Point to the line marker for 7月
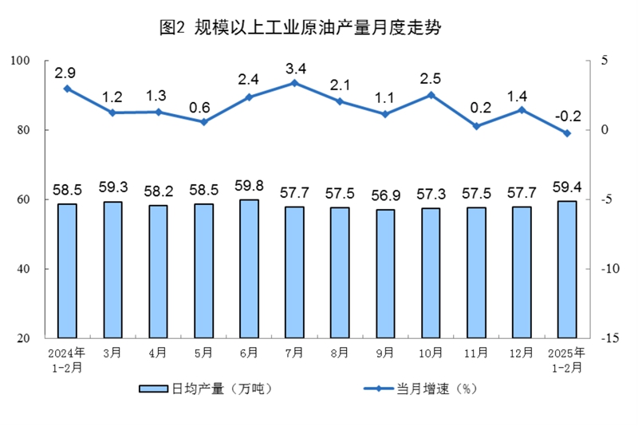(294, 82)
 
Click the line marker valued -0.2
(567, 133)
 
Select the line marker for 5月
(203, 121)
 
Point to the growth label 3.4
(294, 66)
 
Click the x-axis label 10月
(431, 352)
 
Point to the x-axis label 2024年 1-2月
(66, 359)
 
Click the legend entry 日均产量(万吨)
(206, 389)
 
